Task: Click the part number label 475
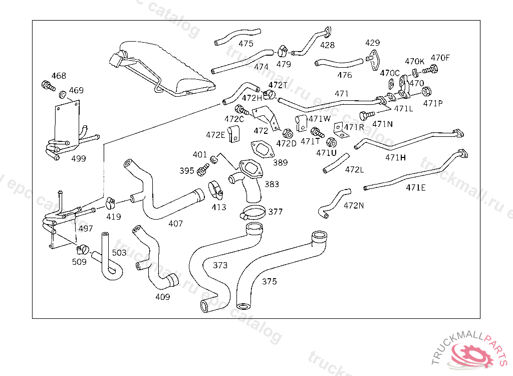pos(246,44)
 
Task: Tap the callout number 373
pos(220,265)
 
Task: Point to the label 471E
pos(416,188)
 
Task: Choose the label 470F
pos(440,58)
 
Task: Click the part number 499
pos(79,158)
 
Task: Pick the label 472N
pos(354,205)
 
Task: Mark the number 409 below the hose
pos(163,297)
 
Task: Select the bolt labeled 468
pos(48,86)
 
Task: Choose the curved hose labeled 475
pos(237,35)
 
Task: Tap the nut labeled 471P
pos(427,91)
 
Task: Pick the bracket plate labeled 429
pos(373,59)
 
